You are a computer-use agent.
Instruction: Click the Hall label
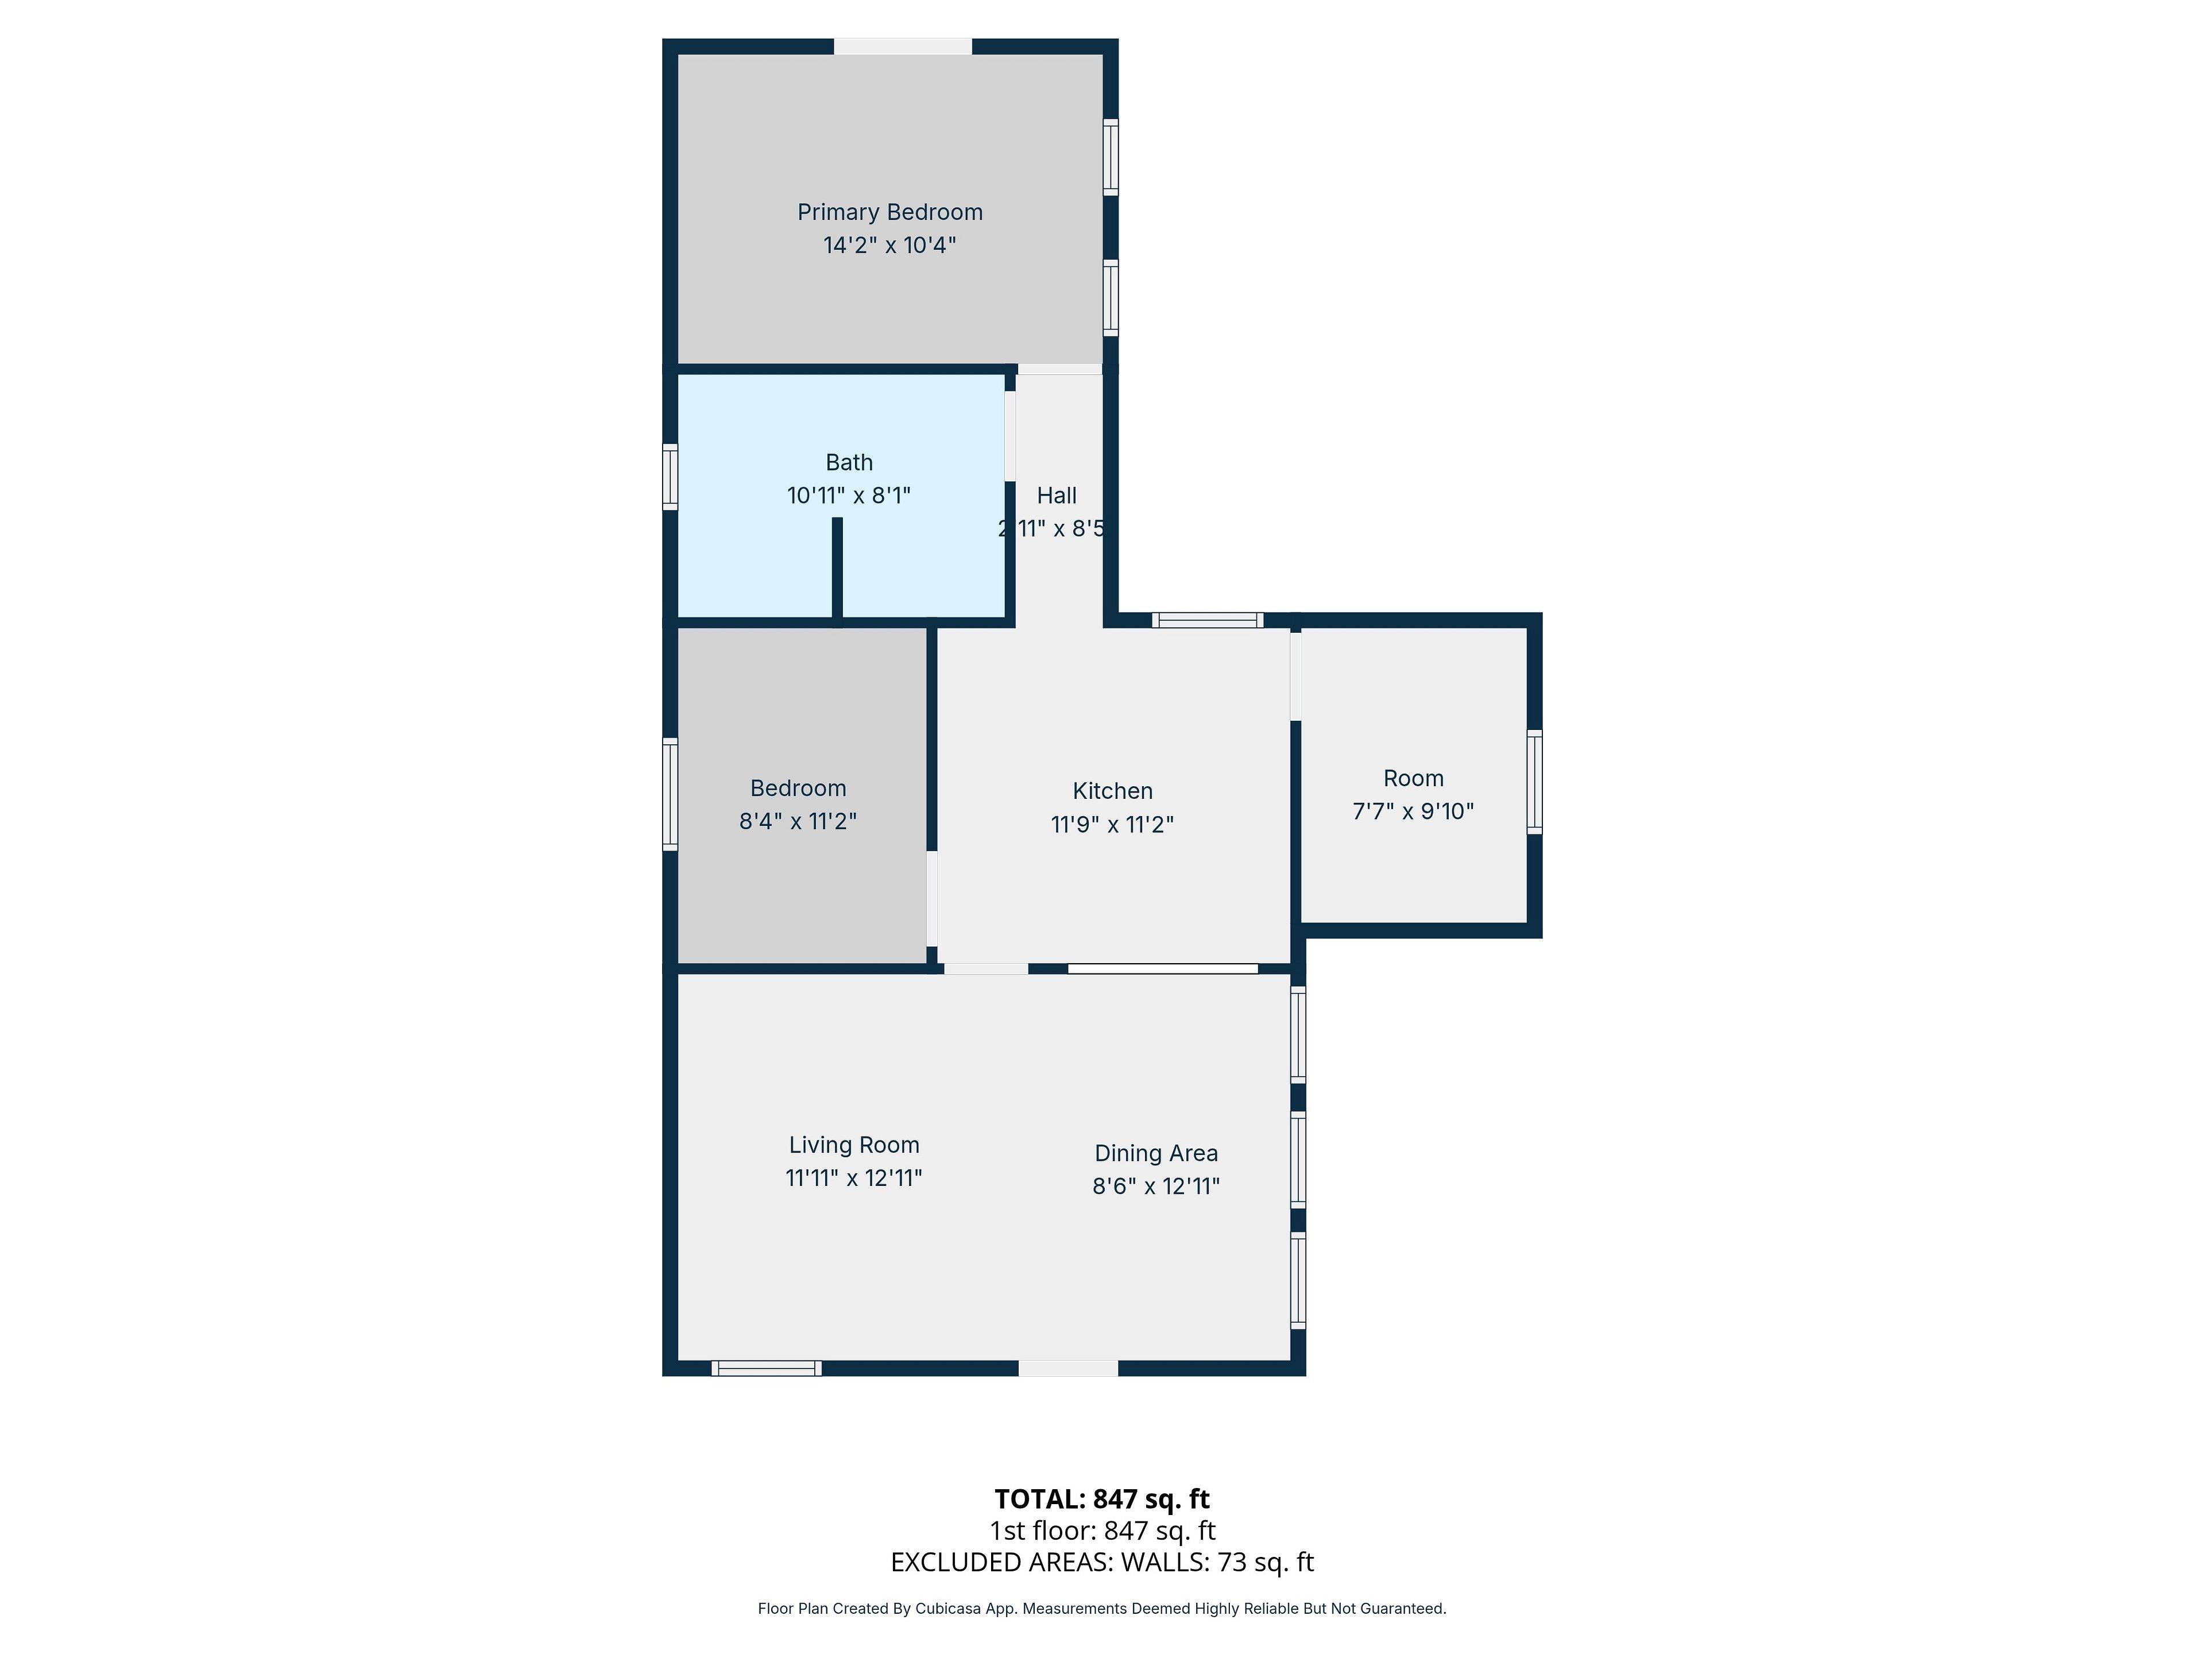1057,496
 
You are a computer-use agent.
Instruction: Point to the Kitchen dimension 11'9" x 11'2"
1112,825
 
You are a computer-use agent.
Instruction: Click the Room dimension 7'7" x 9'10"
1413,811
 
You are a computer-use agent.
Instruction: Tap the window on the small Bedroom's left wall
670,795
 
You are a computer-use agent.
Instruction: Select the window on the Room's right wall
1534,782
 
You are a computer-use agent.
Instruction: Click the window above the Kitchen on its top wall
1207,620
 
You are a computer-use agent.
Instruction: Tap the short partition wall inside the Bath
837,569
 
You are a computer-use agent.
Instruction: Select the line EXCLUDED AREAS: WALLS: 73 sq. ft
1101,1562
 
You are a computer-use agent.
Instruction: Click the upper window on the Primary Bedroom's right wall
1111,157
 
